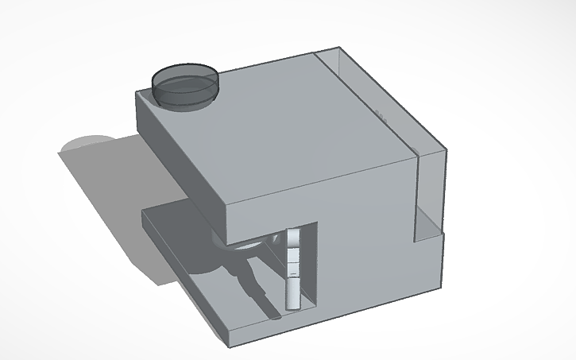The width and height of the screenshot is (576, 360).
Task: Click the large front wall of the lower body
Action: (373, 278)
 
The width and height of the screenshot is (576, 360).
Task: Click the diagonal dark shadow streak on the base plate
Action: (258, 286)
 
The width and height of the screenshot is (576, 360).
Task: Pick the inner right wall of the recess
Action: (312, 262)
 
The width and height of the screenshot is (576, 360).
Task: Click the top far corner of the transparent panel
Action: (342, 49)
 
